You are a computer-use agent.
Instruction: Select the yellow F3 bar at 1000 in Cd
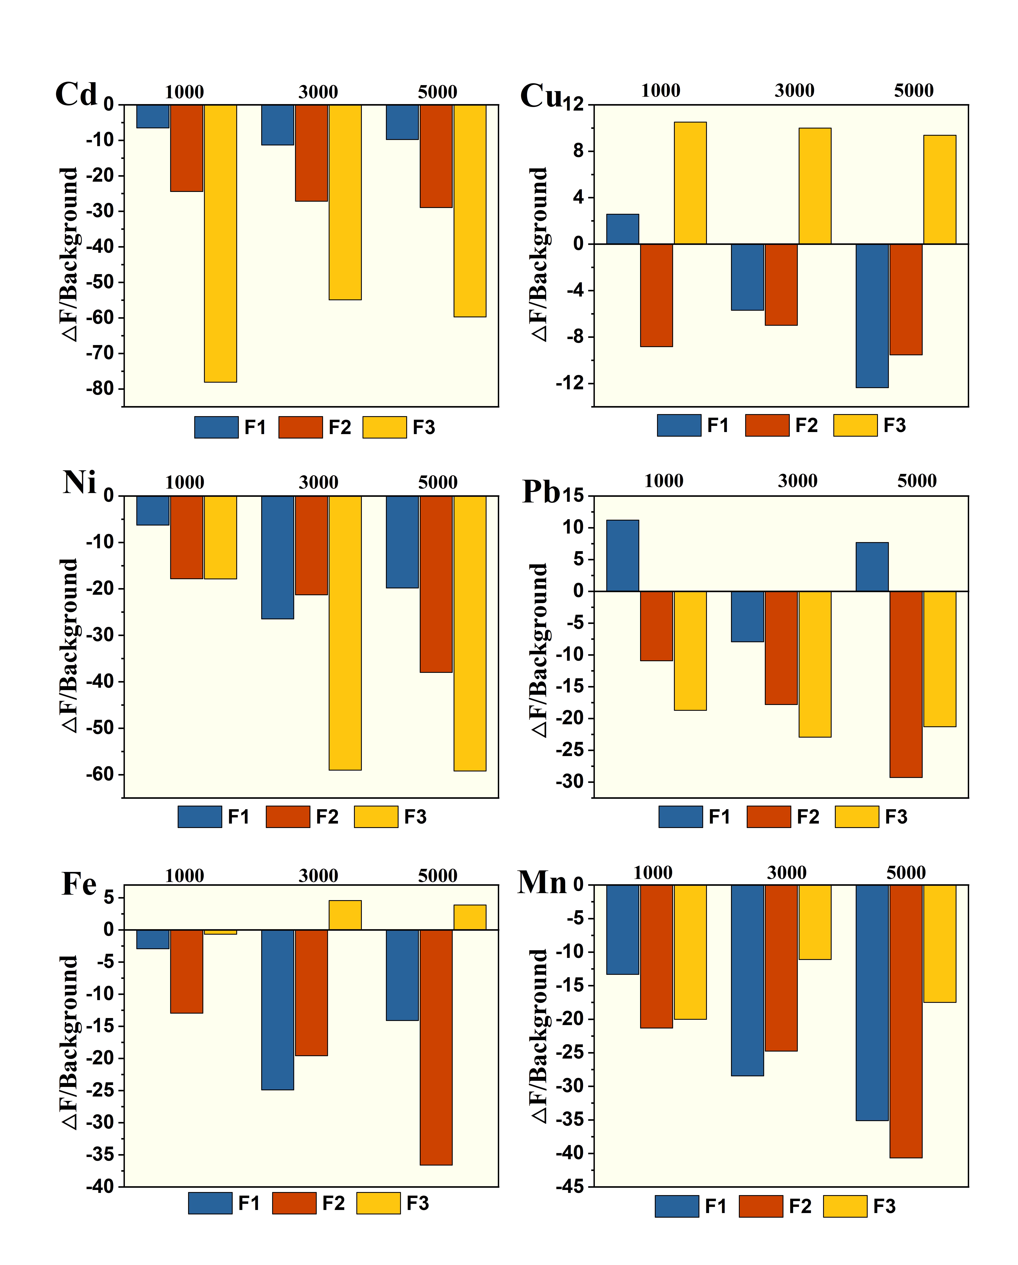pos(221,244)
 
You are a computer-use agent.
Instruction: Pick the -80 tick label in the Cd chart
pos(100,389)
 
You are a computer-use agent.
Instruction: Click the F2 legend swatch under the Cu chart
pos(767,425)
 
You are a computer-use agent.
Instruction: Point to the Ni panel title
pos(79,483)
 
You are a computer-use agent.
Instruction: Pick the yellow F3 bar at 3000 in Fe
pos(345,915)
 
